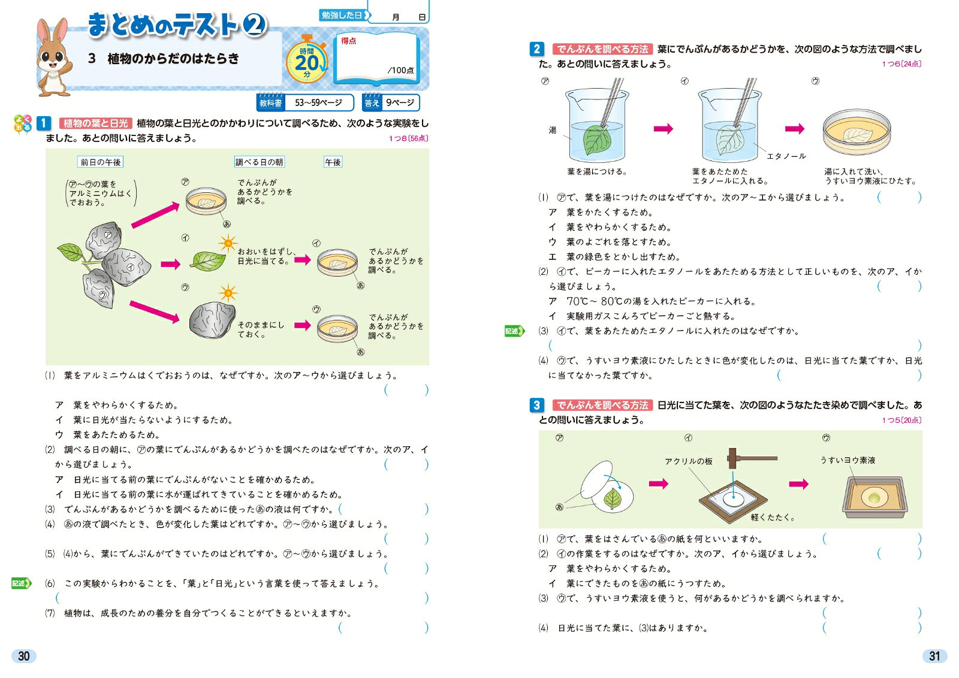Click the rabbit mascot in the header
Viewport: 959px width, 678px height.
tap(53, 57)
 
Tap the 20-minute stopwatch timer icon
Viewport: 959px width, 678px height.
tap(307, 60)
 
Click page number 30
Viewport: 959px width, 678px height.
tap(23, 656)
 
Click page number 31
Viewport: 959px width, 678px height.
tap(934, 656)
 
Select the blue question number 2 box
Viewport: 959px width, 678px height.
tap(537, 49)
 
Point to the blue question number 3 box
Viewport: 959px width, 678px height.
tap(537, 405)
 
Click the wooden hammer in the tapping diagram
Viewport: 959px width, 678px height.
tap(752, 458)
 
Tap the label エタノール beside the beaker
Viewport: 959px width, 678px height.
tap(786, 156)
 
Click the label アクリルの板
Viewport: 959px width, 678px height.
tap(689, 461)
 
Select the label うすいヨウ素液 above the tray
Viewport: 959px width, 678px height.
tap(848, 460)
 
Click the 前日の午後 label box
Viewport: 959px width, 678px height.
tap(101, 162)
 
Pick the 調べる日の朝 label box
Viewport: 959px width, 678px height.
tap(259, 162)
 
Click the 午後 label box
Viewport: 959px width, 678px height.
tap(333, 162)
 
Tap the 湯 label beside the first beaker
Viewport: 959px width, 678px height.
tap(552, 130)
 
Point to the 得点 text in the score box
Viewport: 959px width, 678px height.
tap(348, 41)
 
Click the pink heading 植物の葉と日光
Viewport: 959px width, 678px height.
tap(95, 123)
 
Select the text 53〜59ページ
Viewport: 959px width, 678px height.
tap(318, 102)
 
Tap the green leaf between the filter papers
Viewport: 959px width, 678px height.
tap(613, 498)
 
